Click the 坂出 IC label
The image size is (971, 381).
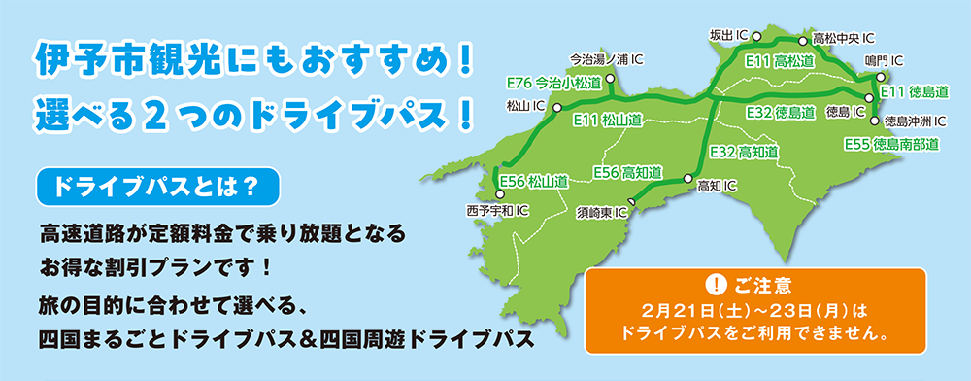point(728,36)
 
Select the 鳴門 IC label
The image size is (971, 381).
point(884,60)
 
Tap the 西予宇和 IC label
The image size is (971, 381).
point(497,209)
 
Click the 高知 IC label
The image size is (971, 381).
point(718,185)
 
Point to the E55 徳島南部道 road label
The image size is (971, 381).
point(892,145)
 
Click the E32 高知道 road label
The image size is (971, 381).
point(744,152)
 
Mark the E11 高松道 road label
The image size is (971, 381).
point(779,61)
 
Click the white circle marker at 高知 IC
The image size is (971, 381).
point(687,179)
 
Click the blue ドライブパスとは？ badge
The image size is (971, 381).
point(156,188)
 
